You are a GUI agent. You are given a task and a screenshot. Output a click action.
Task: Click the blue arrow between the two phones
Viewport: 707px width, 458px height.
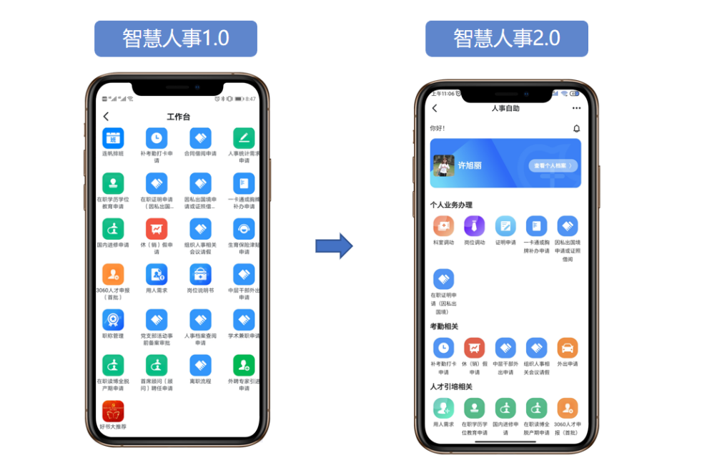[334, 245]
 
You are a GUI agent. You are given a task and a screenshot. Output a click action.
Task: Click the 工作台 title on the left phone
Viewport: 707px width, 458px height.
[178, 117]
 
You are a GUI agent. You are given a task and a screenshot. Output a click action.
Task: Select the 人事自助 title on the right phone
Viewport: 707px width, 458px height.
[505, 109]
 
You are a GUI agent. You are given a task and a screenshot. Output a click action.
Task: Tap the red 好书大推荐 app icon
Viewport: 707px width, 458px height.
[113, 411]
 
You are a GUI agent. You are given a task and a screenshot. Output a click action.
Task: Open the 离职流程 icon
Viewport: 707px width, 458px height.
[200, 365]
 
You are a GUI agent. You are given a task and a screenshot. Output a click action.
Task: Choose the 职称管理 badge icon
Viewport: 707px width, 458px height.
[113, 319]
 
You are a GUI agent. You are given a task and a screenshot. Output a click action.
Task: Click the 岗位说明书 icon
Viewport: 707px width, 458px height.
[200, 274]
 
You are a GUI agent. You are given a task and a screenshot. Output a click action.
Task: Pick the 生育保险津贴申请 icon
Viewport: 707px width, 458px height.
[244, 229]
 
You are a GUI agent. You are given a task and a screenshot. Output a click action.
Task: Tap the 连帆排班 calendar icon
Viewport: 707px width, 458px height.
[113, 138]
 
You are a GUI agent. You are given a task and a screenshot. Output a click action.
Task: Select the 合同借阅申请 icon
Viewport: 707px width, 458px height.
[200, 138]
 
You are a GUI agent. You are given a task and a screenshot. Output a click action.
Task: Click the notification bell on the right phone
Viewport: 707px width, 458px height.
[576, 128]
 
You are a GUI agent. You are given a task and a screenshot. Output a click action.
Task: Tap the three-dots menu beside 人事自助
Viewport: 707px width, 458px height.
[576, 109]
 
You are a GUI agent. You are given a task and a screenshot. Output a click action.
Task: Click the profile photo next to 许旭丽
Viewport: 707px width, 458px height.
[444, 165]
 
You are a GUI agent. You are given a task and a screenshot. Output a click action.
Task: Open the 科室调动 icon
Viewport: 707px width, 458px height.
[443, 226]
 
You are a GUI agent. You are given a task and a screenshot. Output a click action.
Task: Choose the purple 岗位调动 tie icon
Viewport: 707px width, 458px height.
[475, 226]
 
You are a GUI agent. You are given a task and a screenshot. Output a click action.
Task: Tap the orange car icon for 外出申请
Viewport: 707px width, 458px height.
[568, 348]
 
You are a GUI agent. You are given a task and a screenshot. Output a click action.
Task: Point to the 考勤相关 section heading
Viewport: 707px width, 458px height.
[444, 326]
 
